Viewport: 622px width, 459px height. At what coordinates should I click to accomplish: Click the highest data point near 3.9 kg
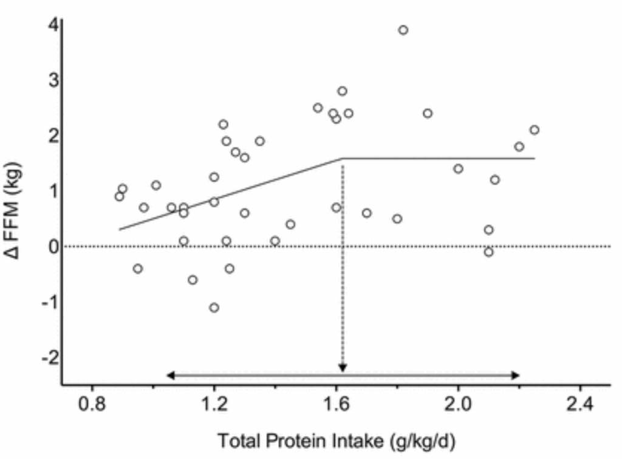pyautogui.click(x=403, y=30)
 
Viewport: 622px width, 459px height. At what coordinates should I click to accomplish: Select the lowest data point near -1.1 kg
pyautogui.click(x=214, y=308)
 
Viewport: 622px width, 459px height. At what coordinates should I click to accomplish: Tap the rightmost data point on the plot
pyautogui.click(x=534, y=129)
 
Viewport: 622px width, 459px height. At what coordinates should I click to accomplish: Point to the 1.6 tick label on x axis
pyautogui.click(x=336, y=405)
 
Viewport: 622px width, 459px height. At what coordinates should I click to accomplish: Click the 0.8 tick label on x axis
pyautogui.click(x=92, y=405)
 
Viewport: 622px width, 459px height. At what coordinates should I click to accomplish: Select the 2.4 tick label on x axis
pyautogui.click(x=580, y=405)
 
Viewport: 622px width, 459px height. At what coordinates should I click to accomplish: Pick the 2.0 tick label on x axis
pyautogui.click(x=458, y=405)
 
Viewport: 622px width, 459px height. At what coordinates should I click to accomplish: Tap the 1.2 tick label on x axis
pyautogui.click(x=214, y=405)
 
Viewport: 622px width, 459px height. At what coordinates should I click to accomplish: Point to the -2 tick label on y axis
pyautogui.click(x=50, y=357)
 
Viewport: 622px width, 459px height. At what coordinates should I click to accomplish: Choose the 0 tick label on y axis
pyautogui.click(x=53, y=246)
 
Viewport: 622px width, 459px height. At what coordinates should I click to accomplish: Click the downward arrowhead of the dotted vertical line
pyautogui.click(x=343, y=368)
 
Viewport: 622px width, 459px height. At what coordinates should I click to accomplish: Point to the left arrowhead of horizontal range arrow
pyautogui.click(x=170, y=376)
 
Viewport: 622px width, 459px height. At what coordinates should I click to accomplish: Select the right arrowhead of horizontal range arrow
pyautogui.click(x=516, y=376)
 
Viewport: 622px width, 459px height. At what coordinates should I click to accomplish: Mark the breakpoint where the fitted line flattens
pyautogui.click(x=343, y=159)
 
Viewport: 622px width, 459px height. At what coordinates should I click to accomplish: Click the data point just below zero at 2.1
pyautogui.click(x=488, y=252)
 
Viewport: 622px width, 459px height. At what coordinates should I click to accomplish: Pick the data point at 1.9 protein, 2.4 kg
pyautogui.click(x=428, y=113)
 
